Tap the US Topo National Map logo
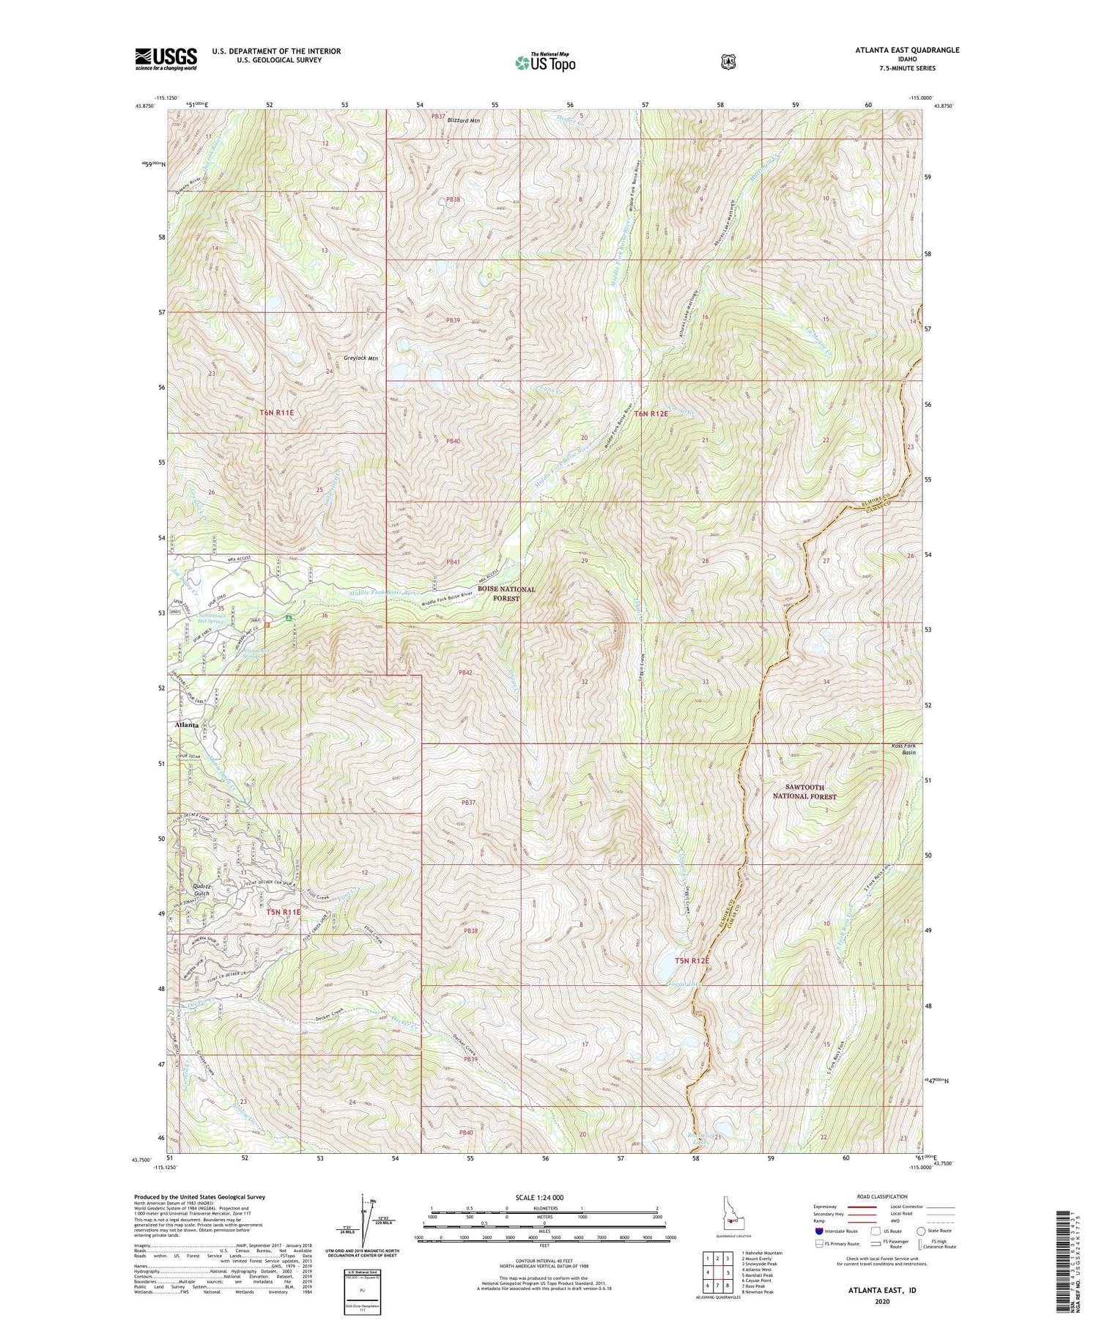[545, 62]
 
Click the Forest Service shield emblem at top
[728, 62]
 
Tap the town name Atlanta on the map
[188, 724]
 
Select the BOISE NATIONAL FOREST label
[506, 594]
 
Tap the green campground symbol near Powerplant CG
[290, 618]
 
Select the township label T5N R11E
[284, 912]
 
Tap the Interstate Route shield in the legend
[818, 1231]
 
